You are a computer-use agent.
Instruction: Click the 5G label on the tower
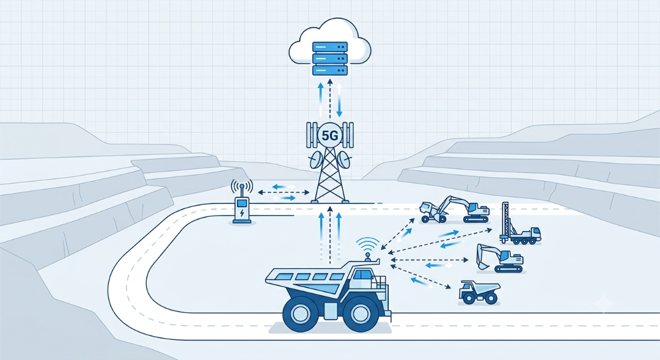[329, 136]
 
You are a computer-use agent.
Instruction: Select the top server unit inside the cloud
[330, 46]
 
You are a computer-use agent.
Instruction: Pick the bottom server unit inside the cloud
[330, 70]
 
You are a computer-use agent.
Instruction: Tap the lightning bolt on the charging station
[241, 213]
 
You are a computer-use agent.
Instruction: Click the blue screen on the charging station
[241, 203]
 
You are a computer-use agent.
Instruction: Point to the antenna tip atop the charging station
[241, 185]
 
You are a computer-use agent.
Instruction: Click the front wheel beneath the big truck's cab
[360, 313]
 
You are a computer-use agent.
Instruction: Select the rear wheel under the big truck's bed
[300, 313]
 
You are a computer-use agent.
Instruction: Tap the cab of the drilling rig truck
[534, 233]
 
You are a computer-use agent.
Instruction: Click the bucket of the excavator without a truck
[482, 263]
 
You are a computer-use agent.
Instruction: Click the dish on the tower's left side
[316, 160]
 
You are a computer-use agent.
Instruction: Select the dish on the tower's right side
[344, 160]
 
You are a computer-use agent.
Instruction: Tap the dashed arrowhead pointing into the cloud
[330, 81]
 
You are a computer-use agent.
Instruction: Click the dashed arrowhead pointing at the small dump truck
[449, 287]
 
